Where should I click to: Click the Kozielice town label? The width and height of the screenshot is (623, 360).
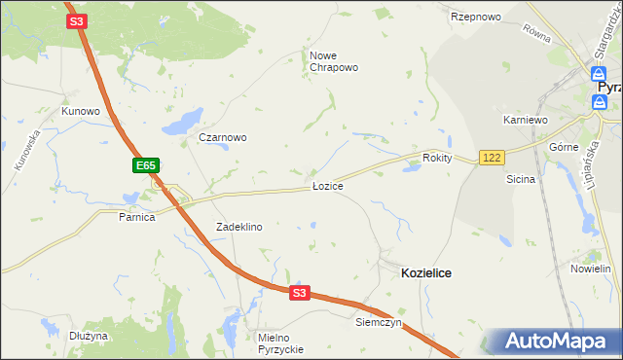click(x=425, y=274)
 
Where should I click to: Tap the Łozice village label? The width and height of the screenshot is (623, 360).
click(x=327, y=185)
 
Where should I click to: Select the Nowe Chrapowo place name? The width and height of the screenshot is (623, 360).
click(x=334, y=61)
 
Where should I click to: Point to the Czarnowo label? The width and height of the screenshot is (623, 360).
click(x=222, y=137)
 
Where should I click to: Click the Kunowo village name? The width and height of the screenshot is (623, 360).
click(x=81, y=111)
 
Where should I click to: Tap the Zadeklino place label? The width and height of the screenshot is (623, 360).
click(x=238, y=227)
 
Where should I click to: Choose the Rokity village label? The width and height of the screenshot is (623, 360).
click(x=438, y=158)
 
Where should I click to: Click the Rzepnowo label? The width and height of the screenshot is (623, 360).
click(x=475, y=18)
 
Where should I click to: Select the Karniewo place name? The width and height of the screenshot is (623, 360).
click(x=526, y=120)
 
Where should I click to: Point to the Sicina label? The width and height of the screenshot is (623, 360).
click(x=521, y=179)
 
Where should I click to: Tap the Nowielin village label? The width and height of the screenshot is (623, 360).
click(x=590, y=269)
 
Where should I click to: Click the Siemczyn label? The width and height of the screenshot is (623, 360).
click(x=379, y=322)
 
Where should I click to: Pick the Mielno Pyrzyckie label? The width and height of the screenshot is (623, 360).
click(x=281, y=342)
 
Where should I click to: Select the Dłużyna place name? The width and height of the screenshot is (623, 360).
click(x=89, y=336)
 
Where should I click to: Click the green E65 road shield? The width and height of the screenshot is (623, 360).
click(x=145, y=166)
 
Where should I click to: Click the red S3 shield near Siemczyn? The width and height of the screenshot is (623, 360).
click(x=299, y=292)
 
